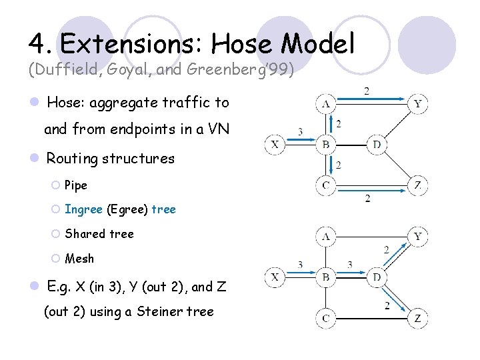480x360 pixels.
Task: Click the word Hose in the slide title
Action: point(242,43)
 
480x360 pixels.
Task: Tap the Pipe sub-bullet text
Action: point(76,185)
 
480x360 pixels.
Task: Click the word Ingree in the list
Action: point(83,209)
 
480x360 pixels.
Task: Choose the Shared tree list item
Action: point(99,234)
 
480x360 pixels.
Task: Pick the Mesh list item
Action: point(79,259)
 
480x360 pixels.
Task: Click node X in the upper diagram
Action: point(275,144)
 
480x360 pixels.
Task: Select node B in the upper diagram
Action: point(326,144)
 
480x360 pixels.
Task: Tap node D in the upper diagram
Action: point(377,144)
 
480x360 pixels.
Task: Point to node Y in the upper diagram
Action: point(417,103)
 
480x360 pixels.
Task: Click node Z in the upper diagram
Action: point(417,185)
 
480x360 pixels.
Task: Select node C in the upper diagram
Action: point(326,185)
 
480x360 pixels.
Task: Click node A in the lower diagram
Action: point(326,236)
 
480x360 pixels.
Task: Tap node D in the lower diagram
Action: point(377,277)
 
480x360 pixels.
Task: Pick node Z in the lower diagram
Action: point(417,318)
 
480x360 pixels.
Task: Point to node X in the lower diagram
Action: point(275,277)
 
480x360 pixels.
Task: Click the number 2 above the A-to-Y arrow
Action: point(366,91)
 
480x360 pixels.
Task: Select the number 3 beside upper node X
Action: point(300,132)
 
